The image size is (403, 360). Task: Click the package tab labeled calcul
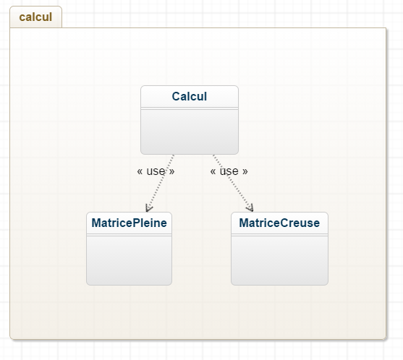[35, 17]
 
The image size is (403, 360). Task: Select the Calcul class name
[190, 97]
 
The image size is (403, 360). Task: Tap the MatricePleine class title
[129, 223]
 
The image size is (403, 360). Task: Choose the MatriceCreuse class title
[279, 223]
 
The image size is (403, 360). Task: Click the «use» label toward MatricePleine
[156, 171]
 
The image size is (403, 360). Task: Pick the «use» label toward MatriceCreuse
[229, 171]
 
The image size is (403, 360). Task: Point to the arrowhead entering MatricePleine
[148, 208]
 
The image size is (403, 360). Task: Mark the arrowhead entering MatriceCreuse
[250, 208]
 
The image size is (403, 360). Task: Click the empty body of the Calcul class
[190, 132]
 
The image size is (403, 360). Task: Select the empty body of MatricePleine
[129, 260]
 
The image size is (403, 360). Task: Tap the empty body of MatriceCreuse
[279, 260]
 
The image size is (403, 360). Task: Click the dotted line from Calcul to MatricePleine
[161, 183]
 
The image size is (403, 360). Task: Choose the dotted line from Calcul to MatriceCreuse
[233, 183]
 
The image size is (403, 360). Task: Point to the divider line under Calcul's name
[190, 108]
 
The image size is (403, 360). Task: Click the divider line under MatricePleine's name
[129, 235]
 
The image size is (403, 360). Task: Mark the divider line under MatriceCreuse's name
[279, 235]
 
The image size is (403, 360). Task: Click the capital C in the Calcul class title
[176, 97]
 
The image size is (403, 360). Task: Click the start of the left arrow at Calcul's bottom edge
[174, 155]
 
